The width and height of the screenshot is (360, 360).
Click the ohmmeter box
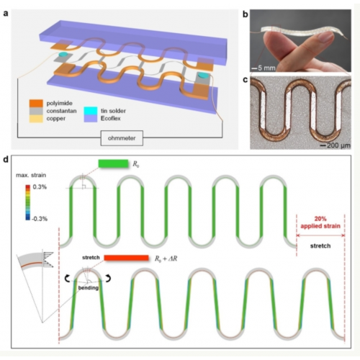coord(122,138)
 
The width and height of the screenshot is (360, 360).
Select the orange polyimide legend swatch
coord(36,103)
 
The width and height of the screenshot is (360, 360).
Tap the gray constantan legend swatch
coord(36,111)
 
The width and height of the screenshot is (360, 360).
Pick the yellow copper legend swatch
coord(36,119)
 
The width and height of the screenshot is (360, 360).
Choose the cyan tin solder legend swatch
coord(91,111)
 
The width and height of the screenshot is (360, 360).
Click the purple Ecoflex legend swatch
coord(91,119)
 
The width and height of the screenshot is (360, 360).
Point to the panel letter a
coord(5,14)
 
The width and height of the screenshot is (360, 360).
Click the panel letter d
coord(5,160)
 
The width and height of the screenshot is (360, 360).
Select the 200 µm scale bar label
coord(338,145)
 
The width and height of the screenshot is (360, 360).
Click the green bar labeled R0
coord(113,163)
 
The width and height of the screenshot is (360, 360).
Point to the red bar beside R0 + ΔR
coord(126,258)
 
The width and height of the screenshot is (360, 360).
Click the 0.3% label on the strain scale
coord(40,187)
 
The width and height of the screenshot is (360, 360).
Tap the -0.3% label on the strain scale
coord(40,219)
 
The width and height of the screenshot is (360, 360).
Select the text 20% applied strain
coord(320,222)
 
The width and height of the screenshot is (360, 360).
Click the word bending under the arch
coord(89,288)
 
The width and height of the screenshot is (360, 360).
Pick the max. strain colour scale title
coord(31,175)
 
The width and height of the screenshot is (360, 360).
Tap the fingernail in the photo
coord(325,37)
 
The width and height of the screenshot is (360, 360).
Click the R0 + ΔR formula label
coord(166,258)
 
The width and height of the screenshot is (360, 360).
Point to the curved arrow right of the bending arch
coord(109,279)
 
